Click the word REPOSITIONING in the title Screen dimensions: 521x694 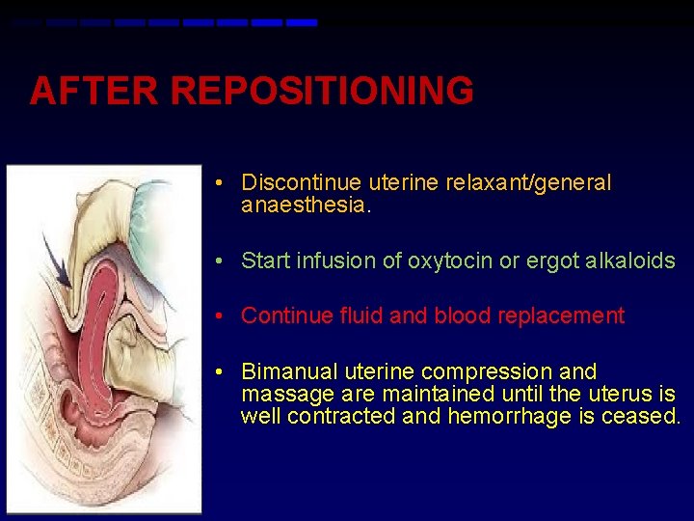pos(322,92)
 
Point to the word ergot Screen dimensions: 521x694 pos(550,260)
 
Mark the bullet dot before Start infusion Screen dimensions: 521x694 pos(221,261)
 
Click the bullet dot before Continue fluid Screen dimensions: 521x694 pos(221,316)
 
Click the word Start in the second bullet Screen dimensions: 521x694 pos(262,260)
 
